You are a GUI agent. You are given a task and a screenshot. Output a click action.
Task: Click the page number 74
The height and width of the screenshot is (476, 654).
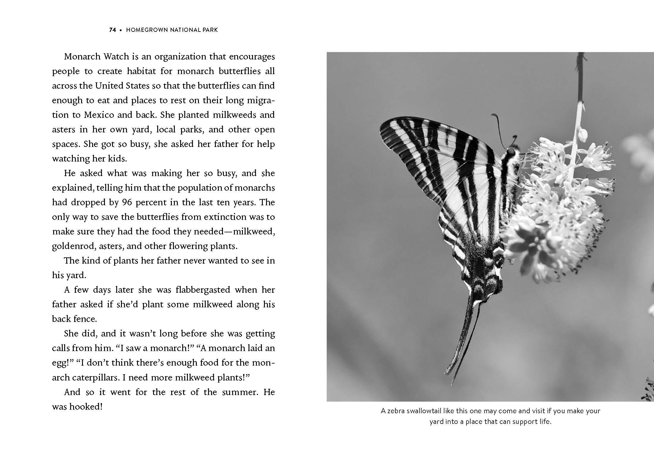(x=113, y=30)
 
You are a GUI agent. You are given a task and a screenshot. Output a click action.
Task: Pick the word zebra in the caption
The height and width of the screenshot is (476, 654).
(x=396, y=411)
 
